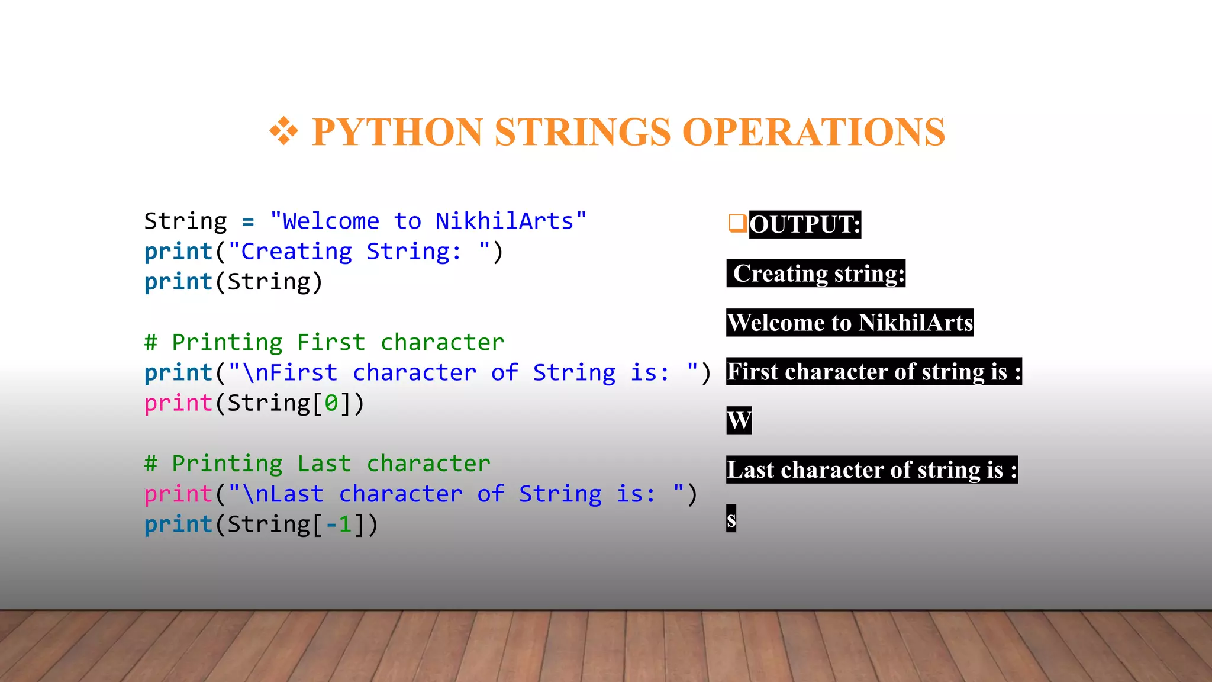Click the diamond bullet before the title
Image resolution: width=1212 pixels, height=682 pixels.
coord(284,131)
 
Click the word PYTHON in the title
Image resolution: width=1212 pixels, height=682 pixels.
coord(397,132)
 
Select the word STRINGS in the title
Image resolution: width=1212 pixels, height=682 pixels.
coord(582,132)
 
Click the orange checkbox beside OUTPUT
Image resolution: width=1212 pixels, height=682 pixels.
coord(737,224)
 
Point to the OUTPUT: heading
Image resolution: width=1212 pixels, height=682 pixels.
coord(805,225)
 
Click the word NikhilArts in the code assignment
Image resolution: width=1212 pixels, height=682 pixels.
coord(504,221)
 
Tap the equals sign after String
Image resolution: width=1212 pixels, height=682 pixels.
coord(248,222)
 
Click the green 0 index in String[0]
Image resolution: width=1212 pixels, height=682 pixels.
coord(331,404)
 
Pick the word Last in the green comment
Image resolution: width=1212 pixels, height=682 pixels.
coord(324,464)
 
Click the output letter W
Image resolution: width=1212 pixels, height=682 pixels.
coord(739,420)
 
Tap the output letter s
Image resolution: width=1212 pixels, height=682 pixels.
coord(731,519)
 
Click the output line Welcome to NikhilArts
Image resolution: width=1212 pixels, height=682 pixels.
coord(850,323)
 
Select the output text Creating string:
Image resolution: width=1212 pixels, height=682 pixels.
coord(817,274)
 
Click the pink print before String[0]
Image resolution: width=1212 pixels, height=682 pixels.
coord(178,404)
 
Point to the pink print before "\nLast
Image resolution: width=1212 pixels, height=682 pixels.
coord(178,494)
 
